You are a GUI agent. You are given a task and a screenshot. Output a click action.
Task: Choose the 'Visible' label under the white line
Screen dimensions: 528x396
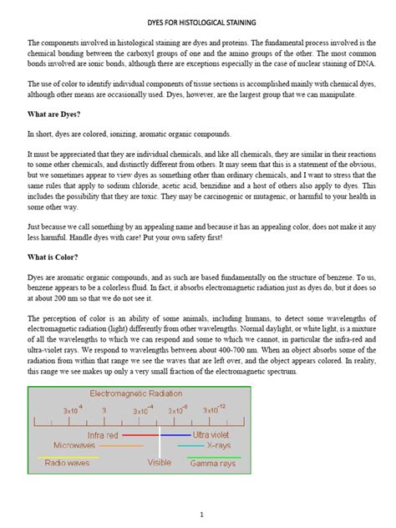(x=160, y=462)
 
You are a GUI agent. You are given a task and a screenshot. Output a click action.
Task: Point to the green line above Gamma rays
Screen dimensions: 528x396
(x=220, y=455)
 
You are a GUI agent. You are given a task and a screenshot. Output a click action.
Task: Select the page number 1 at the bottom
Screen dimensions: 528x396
(x=198, y=515)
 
